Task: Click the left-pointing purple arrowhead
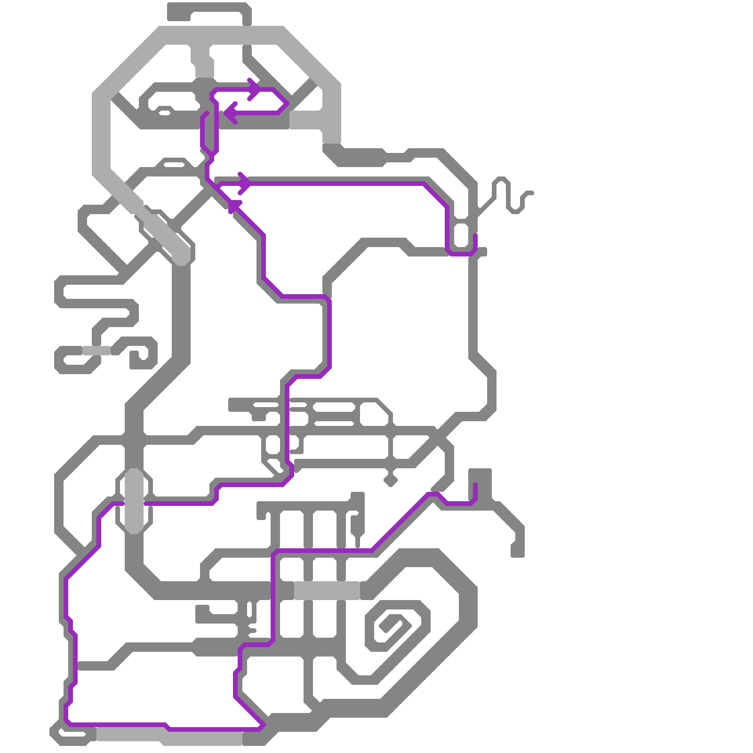coord(227,113)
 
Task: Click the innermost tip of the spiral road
coord(382,629)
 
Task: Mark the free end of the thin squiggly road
coord(531,193)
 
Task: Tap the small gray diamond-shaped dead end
coord(390,481)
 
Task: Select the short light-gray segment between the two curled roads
coord(96,351)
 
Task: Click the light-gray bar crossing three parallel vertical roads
coord(327,591)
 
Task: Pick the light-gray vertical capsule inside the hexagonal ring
coord(134,501)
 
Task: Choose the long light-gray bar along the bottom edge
coord(169,735)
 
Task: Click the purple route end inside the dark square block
coord(475,485)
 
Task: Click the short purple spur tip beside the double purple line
coord(207,113)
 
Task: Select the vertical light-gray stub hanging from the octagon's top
coord(203,61)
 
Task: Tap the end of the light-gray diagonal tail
coord(181,256)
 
